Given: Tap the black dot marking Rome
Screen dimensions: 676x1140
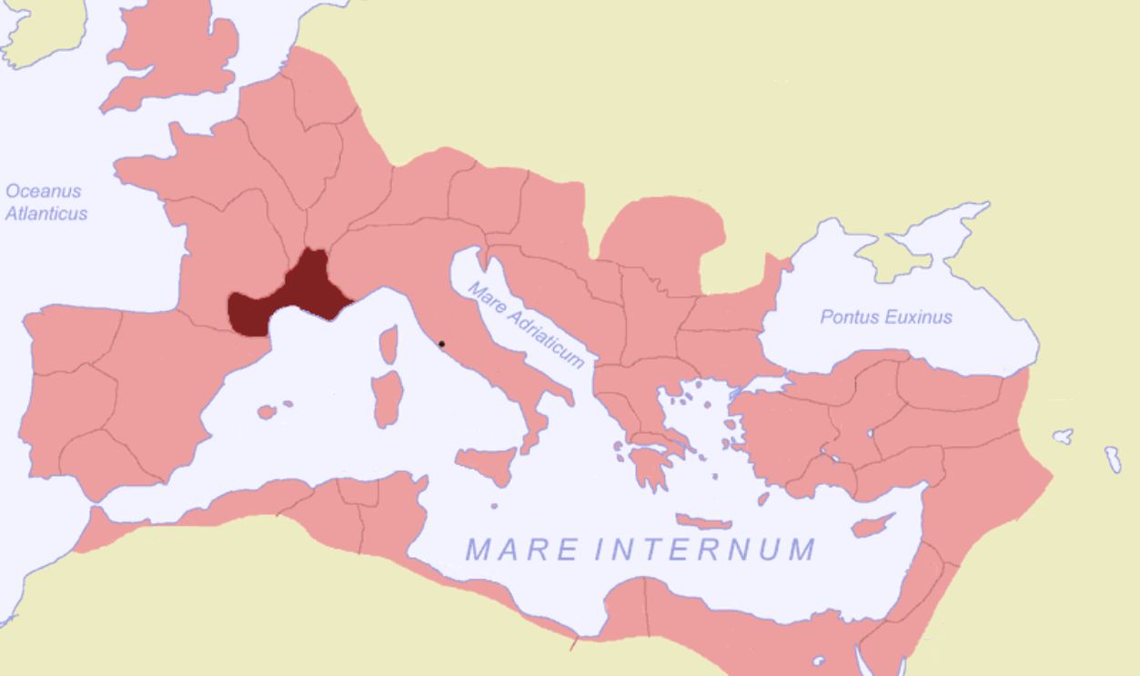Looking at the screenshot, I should tap(441, 344).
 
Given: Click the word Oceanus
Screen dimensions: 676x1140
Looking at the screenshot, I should tap(43, 191).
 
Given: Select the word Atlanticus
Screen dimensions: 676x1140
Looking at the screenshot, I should tap(46, 214).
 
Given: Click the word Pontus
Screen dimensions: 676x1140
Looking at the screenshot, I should tap(849, 317).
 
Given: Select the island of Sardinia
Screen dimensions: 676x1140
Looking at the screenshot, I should tap(388, 398).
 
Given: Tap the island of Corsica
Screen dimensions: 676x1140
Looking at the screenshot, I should tap(389, 345).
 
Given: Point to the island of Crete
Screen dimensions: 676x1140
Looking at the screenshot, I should tap(702, 521).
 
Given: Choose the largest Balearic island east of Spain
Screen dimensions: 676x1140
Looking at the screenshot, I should tap(266, 412).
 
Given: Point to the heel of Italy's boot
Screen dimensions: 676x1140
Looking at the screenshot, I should tap(563, 397).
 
